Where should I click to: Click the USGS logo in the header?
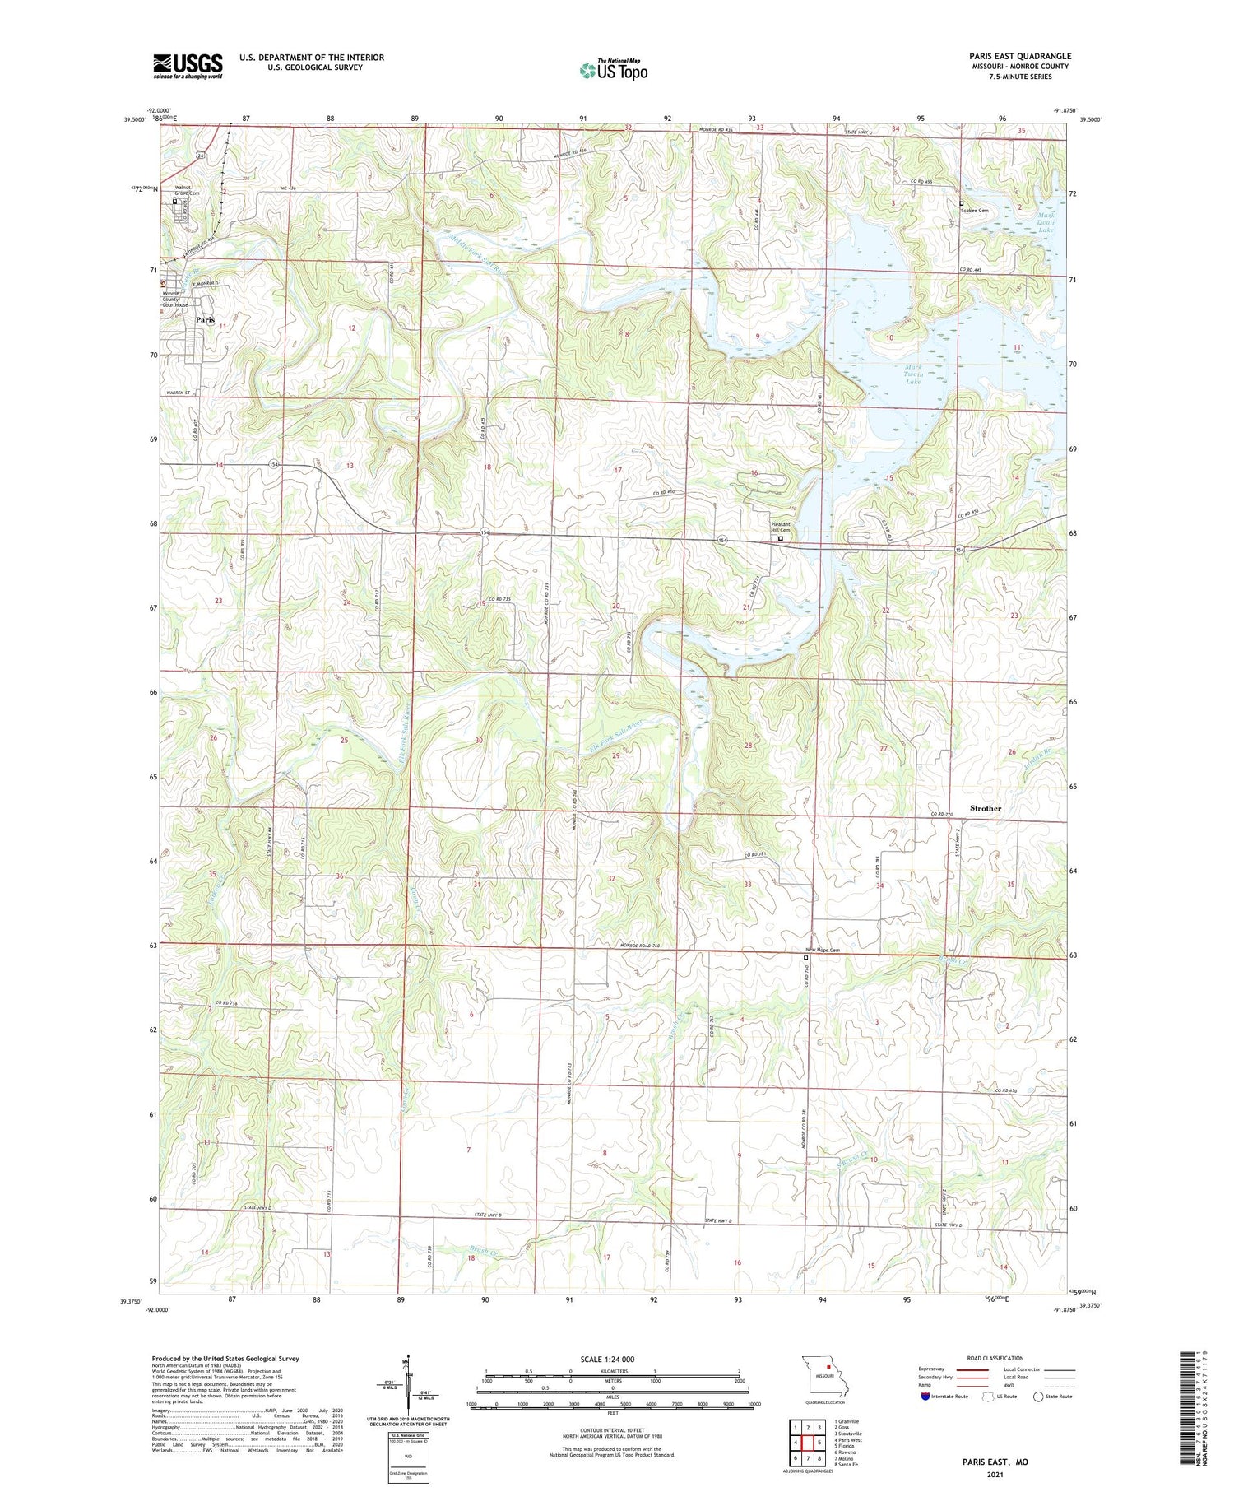(x=188, y=66)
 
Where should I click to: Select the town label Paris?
(x=205, y=319)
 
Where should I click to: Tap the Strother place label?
(x=985, y=808)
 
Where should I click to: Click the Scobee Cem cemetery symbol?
(x=961, y=203)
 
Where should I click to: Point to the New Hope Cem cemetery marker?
(x=806, y=958)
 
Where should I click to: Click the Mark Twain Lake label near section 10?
(x=913, y=374)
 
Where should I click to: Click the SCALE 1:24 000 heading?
(x=607, y=1359)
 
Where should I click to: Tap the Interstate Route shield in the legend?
(x=925, y=1397)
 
